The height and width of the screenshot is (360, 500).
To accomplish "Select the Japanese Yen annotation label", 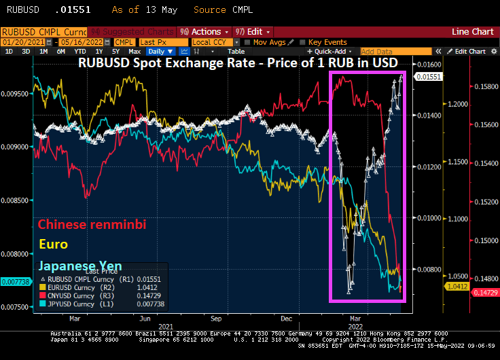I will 80,266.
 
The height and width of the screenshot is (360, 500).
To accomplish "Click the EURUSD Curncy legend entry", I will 75,287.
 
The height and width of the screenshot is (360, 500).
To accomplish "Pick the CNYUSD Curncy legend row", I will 75,295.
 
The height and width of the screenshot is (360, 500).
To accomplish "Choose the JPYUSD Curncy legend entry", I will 75,304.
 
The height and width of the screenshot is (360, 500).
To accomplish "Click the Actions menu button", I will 203,32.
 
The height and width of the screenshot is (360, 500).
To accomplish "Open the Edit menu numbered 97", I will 252,32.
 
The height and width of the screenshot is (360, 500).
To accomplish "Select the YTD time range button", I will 80,52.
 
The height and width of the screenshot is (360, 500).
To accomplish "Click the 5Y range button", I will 115,52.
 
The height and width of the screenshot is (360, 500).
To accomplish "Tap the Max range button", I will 135,52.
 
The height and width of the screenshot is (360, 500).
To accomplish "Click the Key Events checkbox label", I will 327,42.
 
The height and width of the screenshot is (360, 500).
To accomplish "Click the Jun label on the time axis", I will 144,317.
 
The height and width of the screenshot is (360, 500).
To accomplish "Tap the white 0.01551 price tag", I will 429,77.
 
